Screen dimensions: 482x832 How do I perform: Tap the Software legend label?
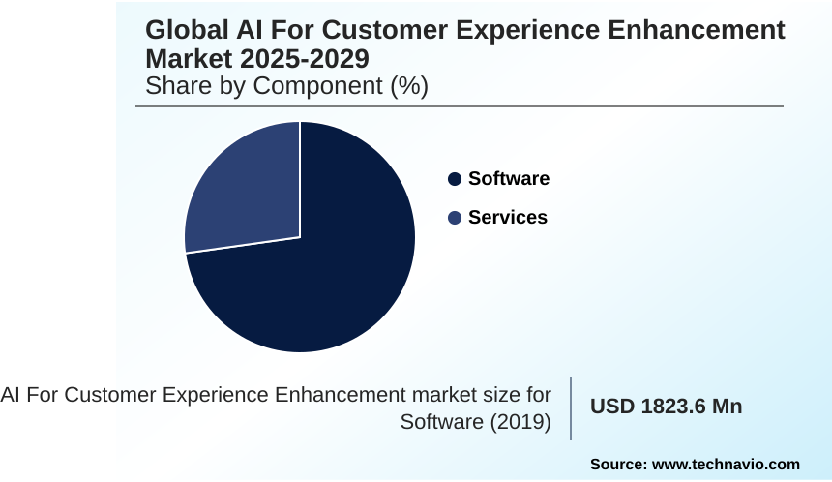508,179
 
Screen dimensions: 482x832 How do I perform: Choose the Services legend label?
507,218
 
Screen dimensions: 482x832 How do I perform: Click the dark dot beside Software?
455,179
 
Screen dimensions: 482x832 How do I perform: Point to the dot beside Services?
455,218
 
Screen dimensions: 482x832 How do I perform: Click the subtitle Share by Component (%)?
286,86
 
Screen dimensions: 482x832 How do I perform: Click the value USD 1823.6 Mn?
666,407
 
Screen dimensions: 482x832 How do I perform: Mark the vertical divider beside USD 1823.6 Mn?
571,407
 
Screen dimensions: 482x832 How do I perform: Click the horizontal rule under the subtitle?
460,106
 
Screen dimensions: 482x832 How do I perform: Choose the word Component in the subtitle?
330,86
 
